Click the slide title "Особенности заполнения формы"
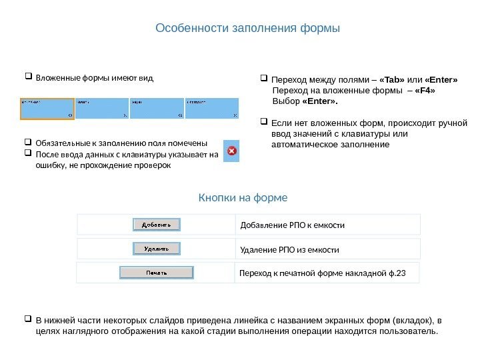coord(247,29)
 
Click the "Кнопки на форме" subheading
coord(243,198)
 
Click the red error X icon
coord(231,151)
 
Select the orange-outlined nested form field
coord(47,109)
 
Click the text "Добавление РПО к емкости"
coord(292,225)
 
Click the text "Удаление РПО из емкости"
coord(289,250)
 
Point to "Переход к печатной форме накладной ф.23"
coord(323,273)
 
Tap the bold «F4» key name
coord(425,91)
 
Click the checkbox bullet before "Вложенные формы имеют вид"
coord(28,77)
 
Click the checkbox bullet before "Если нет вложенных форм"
coord(263,122)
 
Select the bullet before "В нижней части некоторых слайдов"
coord(28,319)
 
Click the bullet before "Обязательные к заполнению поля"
coord(28,142)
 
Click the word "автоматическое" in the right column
coord(305,144)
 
